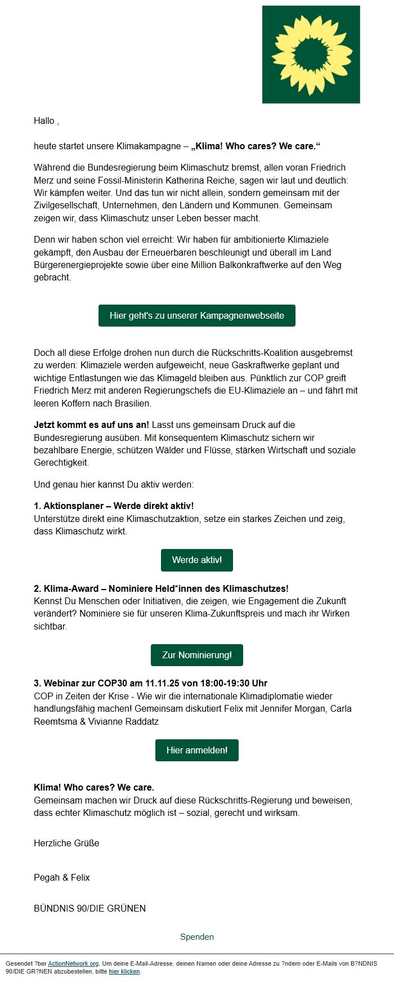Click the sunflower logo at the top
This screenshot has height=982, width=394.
click(311, 55)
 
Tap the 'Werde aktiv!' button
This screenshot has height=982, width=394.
click(197, 560)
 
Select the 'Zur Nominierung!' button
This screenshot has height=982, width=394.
click(197, 655)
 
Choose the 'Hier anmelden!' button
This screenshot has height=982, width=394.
click(197, 750)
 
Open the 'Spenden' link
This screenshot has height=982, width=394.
click(197, 937)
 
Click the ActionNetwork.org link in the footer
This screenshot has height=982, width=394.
click(73, 963)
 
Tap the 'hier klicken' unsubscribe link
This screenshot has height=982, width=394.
click(124, 971)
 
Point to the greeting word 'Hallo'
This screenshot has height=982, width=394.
click(44, 120)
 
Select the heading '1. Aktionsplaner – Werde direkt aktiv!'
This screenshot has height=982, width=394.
click(114, 506)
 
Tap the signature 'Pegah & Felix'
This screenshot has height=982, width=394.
click(62, 877)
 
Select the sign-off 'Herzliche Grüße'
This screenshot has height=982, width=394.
click(66, 843)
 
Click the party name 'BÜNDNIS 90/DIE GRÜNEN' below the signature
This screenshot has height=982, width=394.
click(89, 908)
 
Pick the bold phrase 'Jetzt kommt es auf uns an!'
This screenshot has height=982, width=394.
click(91, 425)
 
